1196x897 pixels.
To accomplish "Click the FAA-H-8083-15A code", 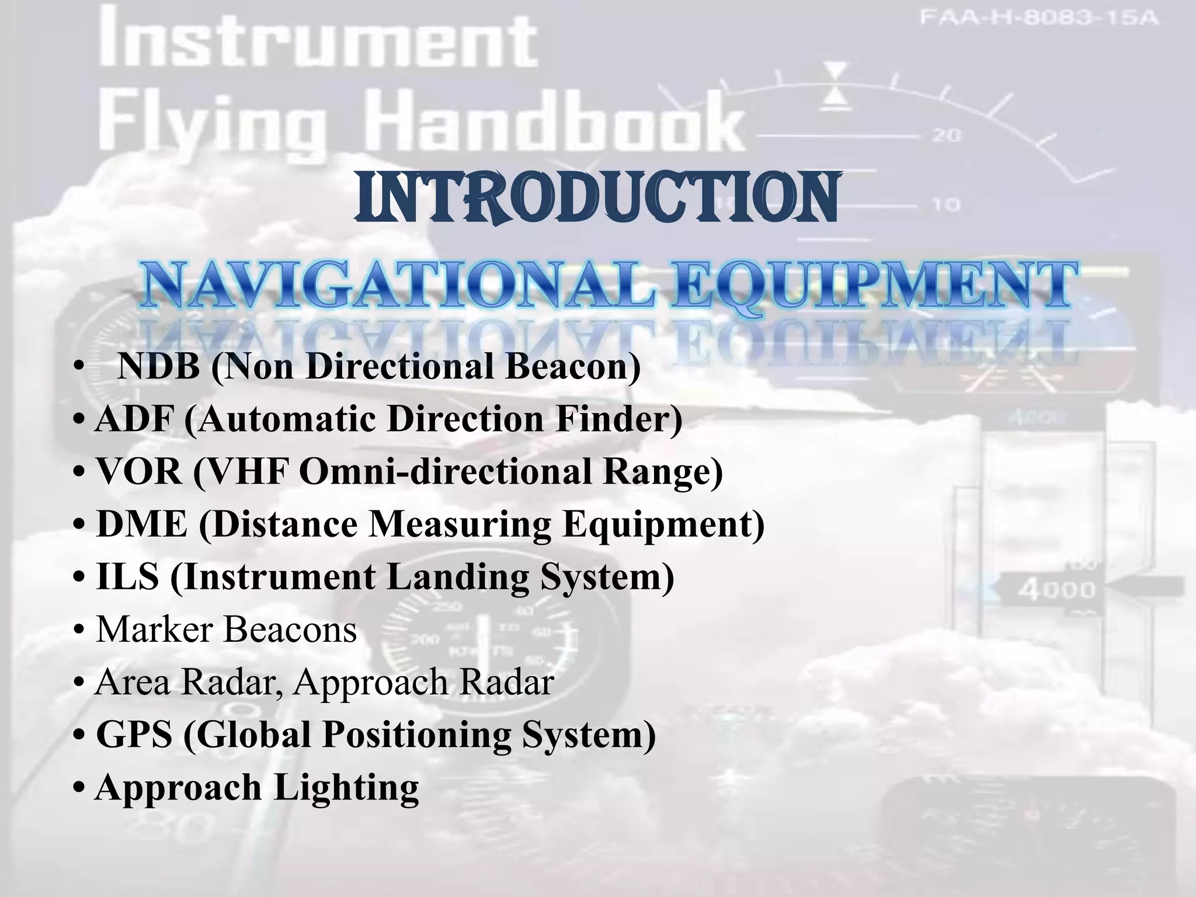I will click(x=1039, y=18).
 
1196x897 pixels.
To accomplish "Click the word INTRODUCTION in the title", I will click(x=596, y=198).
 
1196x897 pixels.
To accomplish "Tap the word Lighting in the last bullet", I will click(x=346, y=787).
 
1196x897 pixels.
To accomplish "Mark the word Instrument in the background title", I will click(x=318, y=41).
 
